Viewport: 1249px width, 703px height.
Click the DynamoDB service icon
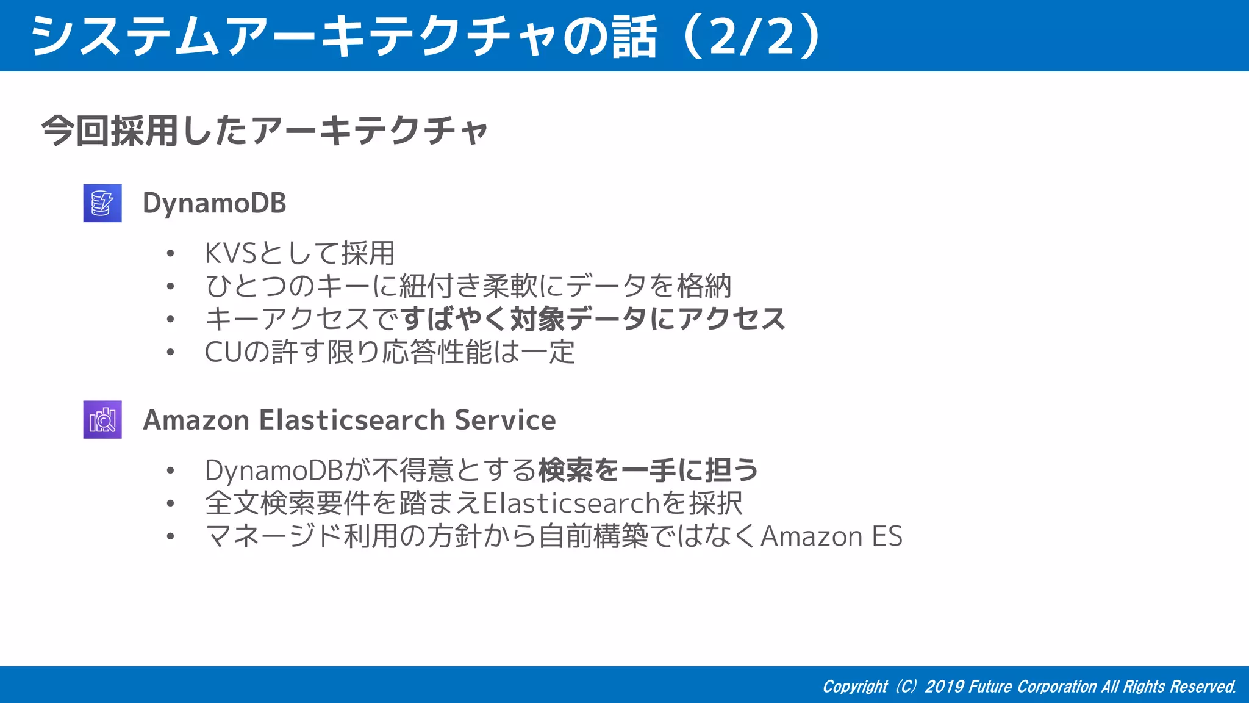102,203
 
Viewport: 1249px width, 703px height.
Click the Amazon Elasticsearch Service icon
102,420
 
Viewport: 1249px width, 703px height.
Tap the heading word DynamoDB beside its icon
214,203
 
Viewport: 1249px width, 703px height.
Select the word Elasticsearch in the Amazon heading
352,420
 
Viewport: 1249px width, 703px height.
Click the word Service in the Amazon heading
505,420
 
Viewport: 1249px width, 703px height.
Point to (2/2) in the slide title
753,37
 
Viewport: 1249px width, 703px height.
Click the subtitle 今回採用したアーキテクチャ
265,131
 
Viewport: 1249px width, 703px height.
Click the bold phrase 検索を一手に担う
648,470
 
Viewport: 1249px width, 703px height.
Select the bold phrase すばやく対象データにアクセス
593,319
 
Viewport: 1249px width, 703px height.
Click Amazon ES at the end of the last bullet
831,536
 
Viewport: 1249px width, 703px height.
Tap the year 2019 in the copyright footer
944,687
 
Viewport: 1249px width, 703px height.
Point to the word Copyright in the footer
855,687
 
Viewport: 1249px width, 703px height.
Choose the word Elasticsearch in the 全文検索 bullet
571,503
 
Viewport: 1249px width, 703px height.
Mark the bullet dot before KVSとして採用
171,254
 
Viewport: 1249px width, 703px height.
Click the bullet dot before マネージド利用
171,537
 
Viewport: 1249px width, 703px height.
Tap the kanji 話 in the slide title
634,37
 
